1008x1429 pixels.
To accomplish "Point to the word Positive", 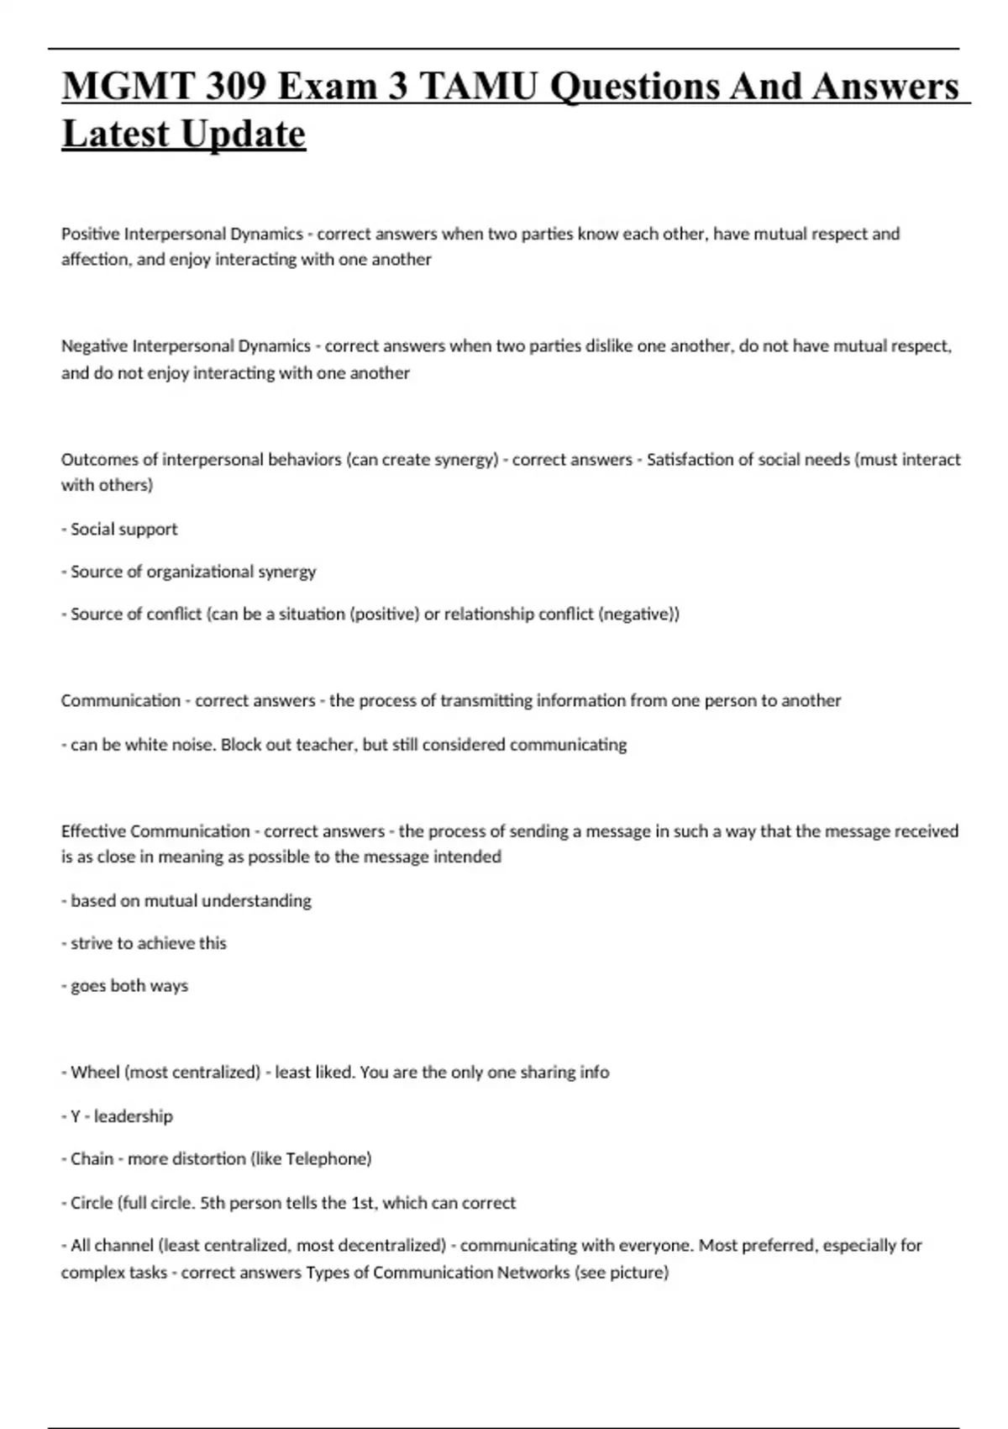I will (90, 234).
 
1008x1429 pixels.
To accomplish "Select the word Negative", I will (94, 346).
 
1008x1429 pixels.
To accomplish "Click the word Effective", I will (93, 831).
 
